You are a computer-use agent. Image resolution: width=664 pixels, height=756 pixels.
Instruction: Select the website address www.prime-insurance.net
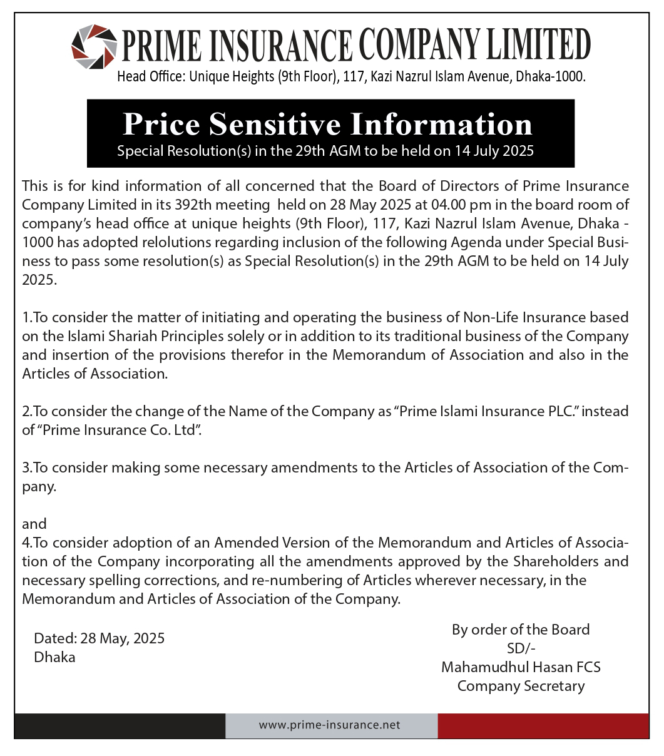click(x=329, y=725)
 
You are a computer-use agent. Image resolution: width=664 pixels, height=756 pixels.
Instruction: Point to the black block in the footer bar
click(x=120, y=725)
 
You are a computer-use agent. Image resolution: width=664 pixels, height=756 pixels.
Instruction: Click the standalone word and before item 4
click(x=34, y=523)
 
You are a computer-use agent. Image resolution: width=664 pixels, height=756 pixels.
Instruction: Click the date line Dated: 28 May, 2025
click(x=100, y=638)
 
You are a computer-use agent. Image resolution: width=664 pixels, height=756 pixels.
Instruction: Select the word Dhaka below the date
click(x=55, y=657)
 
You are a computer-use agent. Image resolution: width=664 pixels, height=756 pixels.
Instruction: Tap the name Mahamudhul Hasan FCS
click(x=521, y=667)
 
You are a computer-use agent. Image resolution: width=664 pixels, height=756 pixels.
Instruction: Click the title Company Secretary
click(x=521, y=686)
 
